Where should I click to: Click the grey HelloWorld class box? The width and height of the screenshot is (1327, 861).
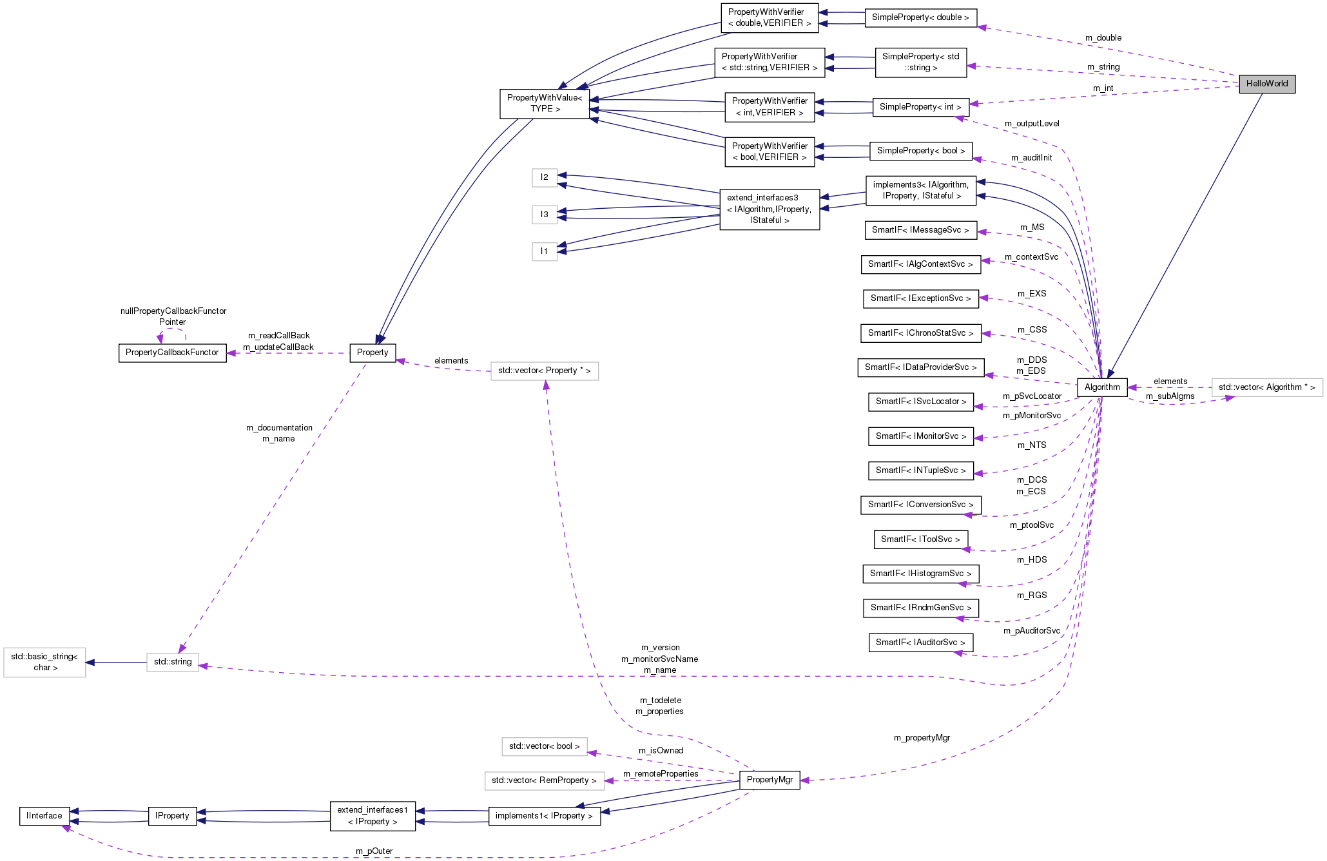coord(1266,84)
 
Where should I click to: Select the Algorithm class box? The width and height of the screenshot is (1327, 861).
coord(1102,387)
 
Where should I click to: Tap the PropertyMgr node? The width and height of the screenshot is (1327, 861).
coord(770,780)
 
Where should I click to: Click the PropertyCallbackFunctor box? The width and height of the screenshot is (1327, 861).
coord(172,353)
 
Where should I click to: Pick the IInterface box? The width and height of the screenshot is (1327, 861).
coord(44,816)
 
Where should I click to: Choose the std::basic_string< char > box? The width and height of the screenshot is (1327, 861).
coord(44,662)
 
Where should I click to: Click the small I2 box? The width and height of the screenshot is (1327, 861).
coord(545,177)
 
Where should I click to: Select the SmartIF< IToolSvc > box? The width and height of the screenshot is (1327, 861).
coord(920,539)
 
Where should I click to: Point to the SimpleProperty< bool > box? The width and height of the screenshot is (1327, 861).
coord(920,151)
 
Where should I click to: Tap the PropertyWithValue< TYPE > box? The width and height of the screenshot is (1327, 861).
coord(545,103)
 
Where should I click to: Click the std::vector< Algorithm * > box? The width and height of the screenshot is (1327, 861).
coord(1266,387)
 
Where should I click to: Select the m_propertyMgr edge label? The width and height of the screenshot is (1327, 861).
coord(922,738)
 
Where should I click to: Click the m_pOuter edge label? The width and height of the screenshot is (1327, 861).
coord(374,851)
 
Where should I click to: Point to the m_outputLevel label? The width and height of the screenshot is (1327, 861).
coord(1031,124)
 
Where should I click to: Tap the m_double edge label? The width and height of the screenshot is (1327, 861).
coord(1103,38)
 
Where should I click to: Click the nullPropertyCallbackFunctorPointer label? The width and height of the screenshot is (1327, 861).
coord(173,316)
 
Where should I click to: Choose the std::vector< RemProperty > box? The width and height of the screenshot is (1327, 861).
coord(545,780)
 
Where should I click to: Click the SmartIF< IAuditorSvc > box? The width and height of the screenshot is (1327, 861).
coord(920,643)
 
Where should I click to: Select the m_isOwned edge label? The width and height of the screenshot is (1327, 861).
coord(661,751)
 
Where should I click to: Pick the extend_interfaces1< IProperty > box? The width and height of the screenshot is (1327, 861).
coord(373,816)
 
